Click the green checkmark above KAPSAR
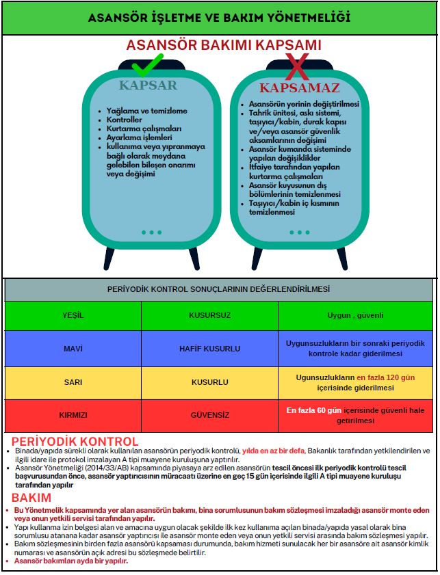[146, 66]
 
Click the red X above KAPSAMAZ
[298, 67]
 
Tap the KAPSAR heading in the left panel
[148, 85]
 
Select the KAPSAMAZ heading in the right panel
[299, 88]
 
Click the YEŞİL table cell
[73, 315]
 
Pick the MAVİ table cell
[73, 349]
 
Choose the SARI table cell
[73, 382]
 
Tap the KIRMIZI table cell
[73, 415]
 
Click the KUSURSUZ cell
[209, 315]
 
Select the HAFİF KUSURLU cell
[209, 349]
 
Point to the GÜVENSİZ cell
[209, 415]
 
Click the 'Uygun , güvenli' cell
[355, 315]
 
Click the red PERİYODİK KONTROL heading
[75, 442]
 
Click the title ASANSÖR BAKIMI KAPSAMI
[223, 45]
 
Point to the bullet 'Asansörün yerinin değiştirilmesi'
[304, 104]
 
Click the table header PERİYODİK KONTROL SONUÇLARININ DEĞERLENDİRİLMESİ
[219, 289]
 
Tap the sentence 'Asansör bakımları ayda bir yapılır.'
[71, 561]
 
